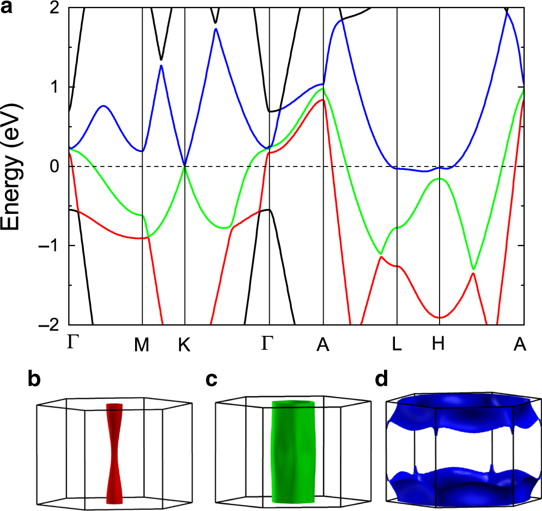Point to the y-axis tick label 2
(x=55, y=8)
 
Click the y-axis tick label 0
(x=55, y=166)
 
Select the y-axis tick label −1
(x=51, y=245)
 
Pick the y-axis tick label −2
(x=51, y=324)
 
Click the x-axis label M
(x=142, y=344)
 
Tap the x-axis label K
(x=185, y=344)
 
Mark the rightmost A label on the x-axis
(x=521, y=344)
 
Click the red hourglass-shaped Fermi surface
(x=115, y=452)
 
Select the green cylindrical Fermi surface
(x=293, y=452)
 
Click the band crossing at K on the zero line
(x=185, y=166)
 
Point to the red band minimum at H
(x=440, y=317)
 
